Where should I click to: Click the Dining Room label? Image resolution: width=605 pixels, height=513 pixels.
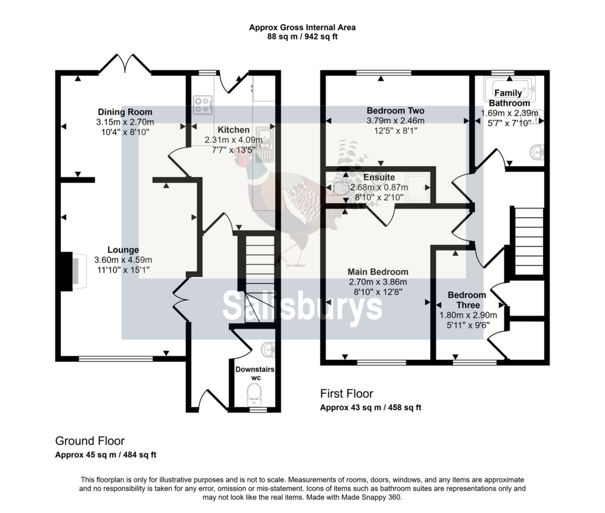(125, 112)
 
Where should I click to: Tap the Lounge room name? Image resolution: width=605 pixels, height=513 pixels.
(123, 250)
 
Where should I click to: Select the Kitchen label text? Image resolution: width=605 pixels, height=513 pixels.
(233, 129)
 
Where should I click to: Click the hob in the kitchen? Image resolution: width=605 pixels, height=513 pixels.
(203, 105)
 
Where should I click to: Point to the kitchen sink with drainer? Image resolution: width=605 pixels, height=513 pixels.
(265, 143)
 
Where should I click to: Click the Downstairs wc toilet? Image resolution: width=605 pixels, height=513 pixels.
(254, 394)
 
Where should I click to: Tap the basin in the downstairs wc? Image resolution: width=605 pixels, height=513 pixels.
(268, 350)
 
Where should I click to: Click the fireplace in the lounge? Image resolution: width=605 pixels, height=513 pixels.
(73, 271)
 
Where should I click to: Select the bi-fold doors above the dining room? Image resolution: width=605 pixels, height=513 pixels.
(125, 64)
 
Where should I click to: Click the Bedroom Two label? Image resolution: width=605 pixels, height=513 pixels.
(395, 111)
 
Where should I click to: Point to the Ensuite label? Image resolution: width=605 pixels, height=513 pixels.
(379, 177)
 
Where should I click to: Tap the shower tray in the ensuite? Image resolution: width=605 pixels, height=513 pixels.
(418, 187)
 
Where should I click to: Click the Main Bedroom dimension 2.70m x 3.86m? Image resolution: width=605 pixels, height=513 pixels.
(378, 282)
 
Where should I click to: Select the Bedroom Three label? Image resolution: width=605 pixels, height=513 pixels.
(467, 300)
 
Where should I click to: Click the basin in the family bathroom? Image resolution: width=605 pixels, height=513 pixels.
(538, 152)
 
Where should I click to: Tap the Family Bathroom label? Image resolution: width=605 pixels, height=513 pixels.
(509, 98)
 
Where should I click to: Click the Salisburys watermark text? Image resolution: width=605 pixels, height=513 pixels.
(302, 306)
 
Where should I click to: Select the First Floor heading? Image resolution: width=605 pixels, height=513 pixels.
(346, 394)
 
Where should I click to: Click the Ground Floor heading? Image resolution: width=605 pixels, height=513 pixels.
(90, 441)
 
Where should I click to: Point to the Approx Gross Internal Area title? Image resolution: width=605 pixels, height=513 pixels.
(302, 27)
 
